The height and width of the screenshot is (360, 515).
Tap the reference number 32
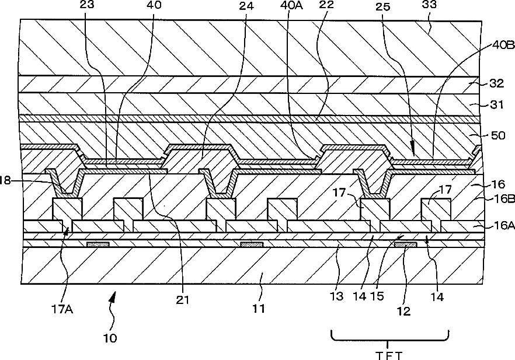click(x=496, y=83)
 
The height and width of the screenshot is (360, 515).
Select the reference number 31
click(x=496, y=106)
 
